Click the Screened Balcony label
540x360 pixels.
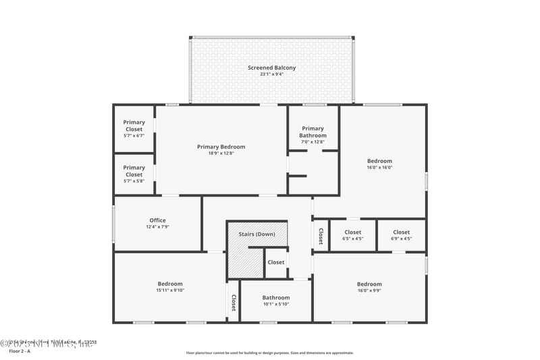click(x=271, y=68)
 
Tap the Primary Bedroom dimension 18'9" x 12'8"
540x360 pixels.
click(x=221, y=153)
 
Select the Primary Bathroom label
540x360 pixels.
click(x=313, y=132)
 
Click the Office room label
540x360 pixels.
click(x=157, y=220)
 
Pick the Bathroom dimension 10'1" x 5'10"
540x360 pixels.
click(x=275, y=305)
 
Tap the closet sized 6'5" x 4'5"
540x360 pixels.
click(x=352, y=238)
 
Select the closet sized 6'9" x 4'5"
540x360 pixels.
click(x=401, y=238)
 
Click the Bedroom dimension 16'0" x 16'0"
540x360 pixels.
click(x=379, y=168)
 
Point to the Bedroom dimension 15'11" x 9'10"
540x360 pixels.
click(x=170, y=291)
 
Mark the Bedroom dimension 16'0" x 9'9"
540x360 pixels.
click(x=369, y=291)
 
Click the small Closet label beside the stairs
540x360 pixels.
click(x=275, y=262)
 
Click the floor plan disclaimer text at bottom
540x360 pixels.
click(x=269, y=353)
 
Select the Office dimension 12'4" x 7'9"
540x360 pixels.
click(x=157, y=227)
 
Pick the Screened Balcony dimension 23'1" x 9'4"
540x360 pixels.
click(x=271, y=74)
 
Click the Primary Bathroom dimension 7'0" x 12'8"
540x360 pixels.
click(x=313, y=142)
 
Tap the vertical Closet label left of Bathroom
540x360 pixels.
click(x=234, y=303)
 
